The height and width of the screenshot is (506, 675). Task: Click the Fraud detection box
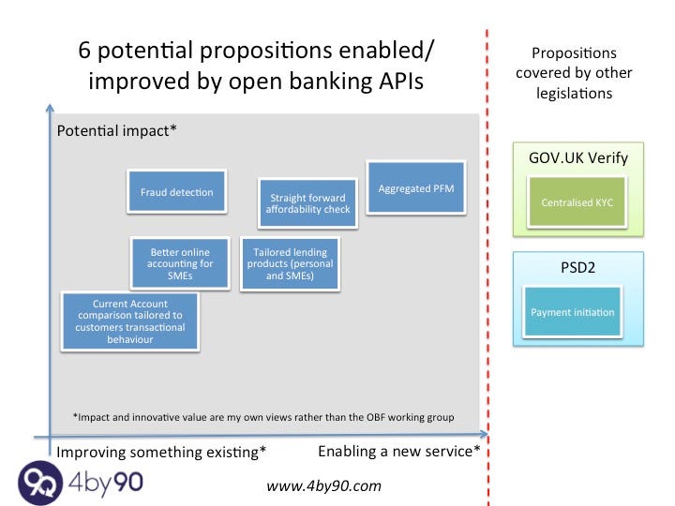coord(177,193)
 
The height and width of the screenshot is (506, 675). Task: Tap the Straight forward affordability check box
coord(307,203)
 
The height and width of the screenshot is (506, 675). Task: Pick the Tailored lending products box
coord(290,264)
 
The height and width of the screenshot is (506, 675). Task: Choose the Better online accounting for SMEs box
coord(181,264)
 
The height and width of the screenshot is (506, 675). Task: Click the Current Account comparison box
coord(130,321)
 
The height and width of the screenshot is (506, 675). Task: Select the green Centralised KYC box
coord(577,202)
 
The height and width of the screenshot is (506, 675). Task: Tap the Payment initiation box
coord(573,312)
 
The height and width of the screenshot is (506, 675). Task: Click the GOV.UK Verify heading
coord(578,157)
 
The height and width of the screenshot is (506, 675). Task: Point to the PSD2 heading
coord(578,268)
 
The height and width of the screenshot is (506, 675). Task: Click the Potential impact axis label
coord(117,131)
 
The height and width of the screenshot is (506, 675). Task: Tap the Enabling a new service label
coord(399,452)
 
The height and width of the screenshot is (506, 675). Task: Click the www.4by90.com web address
coord(324,485)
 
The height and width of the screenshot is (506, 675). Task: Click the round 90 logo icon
coord(40,484)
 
